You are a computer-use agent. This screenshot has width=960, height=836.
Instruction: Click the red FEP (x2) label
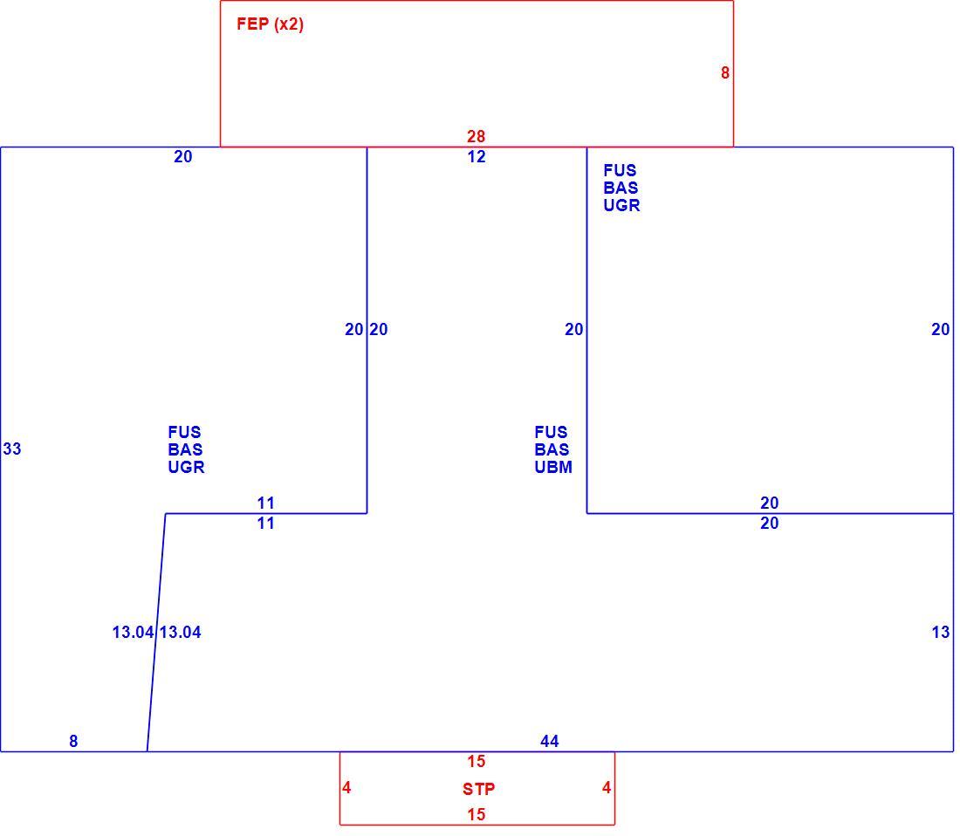point(270,24)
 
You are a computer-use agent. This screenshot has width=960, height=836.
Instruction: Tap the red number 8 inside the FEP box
point(725,72)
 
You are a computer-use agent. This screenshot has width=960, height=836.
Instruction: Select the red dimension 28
point(476,136)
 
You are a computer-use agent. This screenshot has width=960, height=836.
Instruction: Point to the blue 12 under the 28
point(477,157)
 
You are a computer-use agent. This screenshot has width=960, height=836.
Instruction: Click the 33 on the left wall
point(12,449)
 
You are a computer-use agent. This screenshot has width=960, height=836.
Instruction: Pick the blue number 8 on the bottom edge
point(73,741)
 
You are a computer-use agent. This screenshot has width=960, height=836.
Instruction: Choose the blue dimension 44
point(549,741)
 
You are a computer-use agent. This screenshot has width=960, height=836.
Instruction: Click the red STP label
point(478,789)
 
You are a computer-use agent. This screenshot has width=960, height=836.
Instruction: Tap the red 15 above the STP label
point(477,761)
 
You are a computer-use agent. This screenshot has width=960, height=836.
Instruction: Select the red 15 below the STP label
point(477,814)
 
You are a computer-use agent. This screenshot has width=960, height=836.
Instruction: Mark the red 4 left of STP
point(346,788)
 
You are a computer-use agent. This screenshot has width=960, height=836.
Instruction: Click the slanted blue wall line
point(156,632)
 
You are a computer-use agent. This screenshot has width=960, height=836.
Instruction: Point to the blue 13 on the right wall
point(941,632)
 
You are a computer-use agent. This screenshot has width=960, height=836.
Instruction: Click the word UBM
point(553,467)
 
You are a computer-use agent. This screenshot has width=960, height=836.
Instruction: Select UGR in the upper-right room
point(621,205)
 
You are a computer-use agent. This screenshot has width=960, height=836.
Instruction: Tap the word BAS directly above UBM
point(552,449)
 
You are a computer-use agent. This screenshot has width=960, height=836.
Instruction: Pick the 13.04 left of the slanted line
point(133,632)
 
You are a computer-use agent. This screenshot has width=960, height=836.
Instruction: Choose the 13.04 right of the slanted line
point(181,632)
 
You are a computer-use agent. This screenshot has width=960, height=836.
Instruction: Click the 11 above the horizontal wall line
point(265,503)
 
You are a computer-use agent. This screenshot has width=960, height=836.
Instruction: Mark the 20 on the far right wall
point(941,329)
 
